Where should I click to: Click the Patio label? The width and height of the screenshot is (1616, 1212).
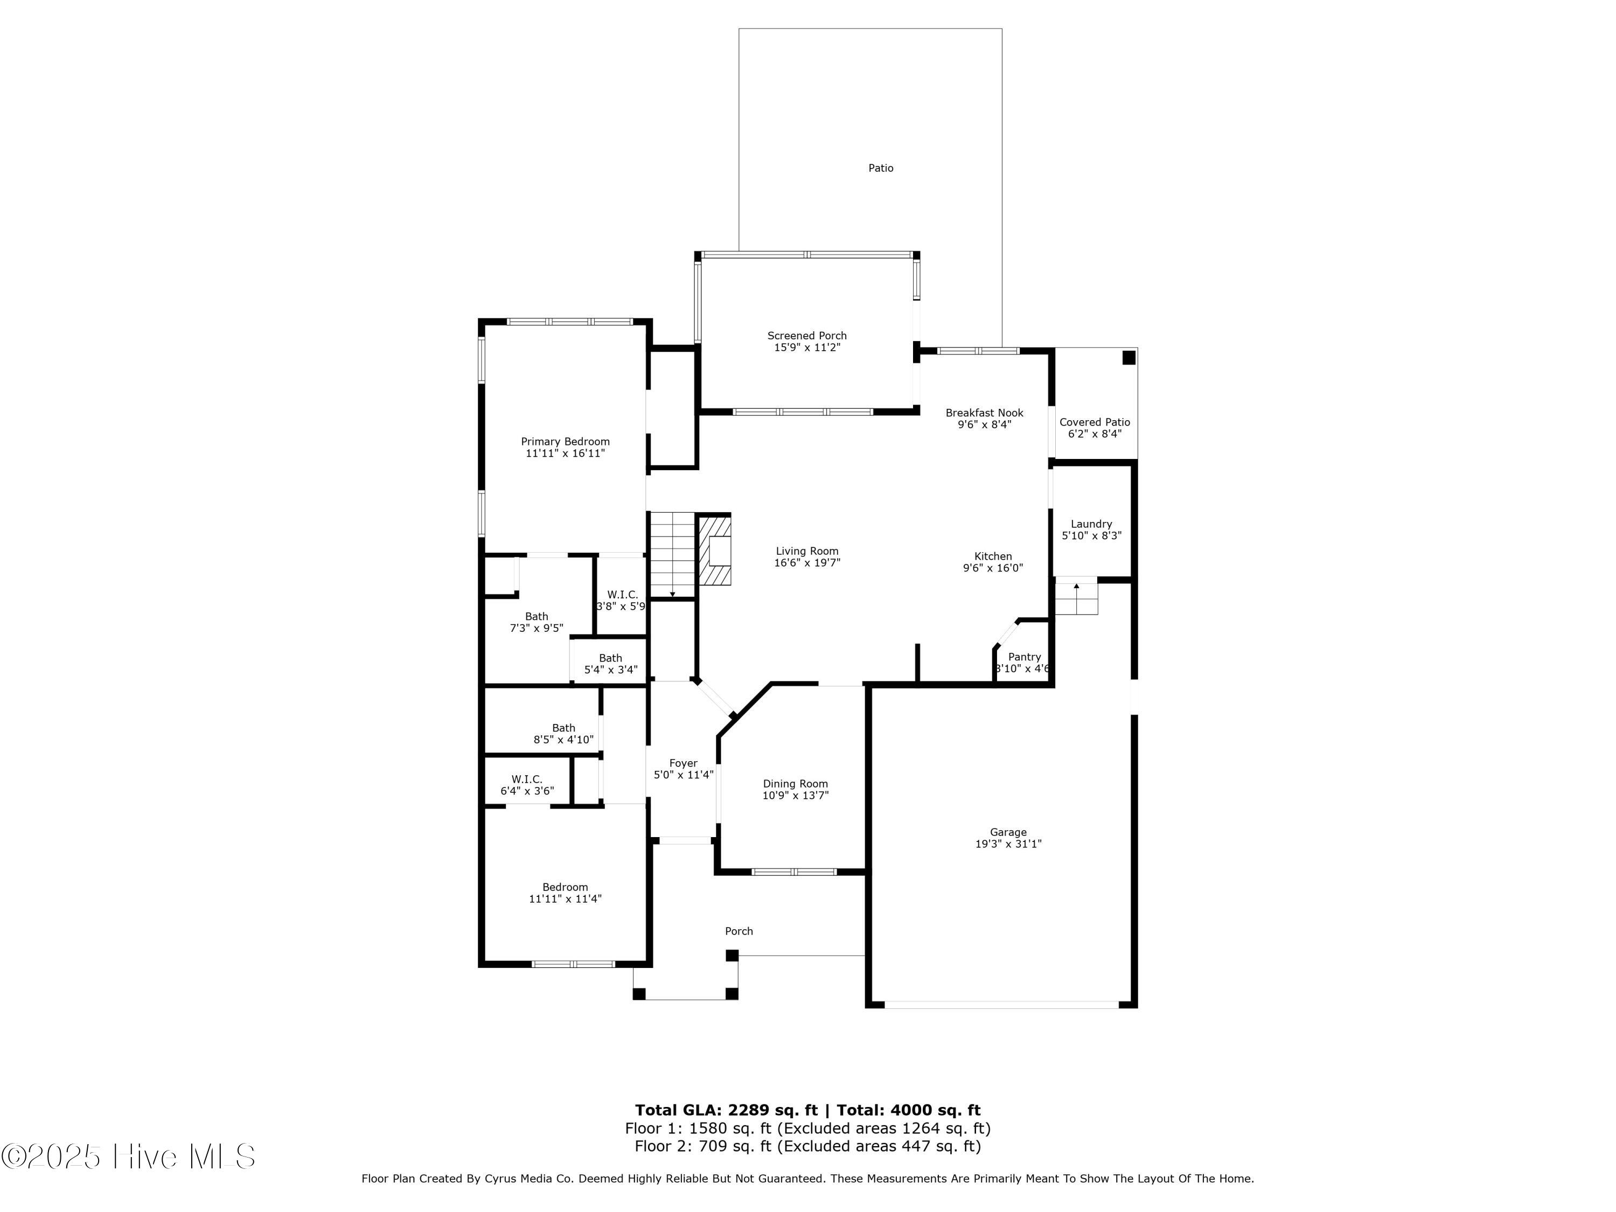coord(880,168)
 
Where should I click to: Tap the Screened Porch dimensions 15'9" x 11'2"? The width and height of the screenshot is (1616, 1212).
coord(807,348)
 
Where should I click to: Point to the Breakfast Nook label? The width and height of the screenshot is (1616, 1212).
coord(984,413)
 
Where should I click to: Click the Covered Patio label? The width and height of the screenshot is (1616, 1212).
coord(1095,422)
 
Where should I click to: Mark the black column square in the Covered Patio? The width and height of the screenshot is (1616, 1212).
coord(1129,357)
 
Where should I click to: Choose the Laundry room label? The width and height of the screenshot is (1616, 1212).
coord(1091,524)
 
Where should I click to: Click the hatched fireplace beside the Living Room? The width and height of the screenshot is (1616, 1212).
coord(714,551)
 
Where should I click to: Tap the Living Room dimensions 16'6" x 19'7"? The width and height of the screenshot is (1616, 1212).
coord(807,562)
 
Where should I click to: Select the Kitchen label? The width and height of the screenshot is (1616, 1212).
coord(993,556)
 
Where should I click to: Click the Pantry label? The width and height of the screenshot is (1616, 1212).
coord(1024,657)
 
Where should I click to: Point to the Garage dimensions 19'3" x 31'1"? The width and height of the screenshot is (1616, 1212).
coord(1008,844)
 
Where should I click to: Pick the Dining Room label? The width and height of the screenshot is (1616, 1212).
coord(796,784)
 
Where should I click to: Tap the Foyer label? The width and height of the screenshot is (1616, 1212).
coord(683,763)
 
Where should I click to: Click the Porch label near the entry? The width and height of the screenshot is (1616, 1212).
coord(739,931)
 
